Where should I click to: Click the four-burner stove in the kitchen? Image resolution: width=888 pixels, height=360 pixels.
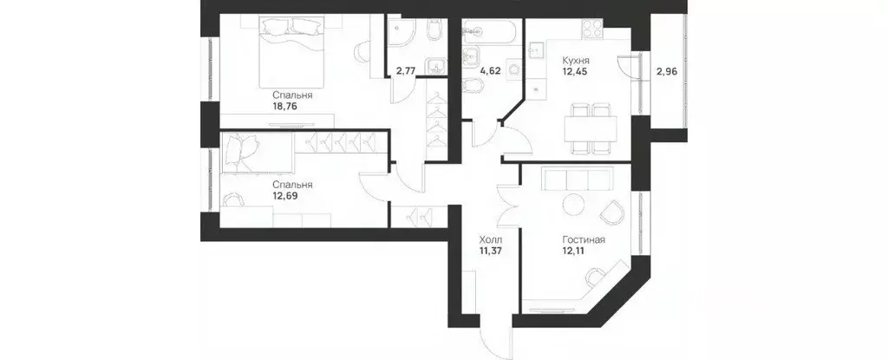591,31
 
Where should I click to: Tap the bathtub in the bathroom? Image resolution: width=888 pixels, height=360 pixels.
489,33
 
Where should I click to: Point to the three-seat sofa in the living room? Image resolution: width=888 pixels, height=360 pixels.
576,180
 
